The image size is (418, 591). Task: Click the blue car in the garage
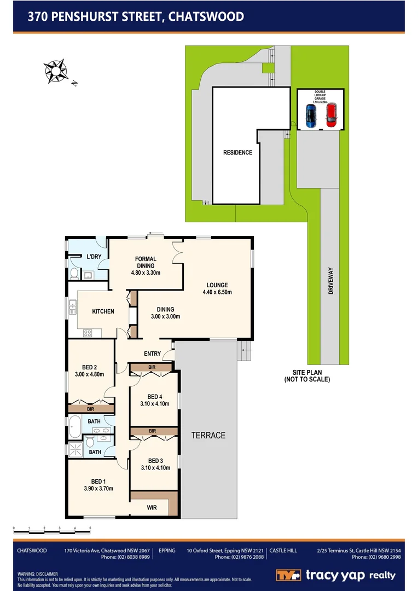click(311, 115)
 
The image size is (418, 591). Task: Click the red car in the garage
click(330, 115)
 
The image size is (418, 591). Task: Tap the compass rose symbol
click(55, 70)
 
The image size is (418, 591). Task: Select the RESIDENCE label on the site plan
click(237, 153)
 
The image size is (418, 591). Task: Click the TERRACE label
click(208, 436)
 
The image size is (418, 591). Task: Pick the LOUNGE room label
click(217, 285)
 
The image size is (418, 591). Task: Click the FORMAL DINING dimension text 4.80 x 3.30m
click(146, 273)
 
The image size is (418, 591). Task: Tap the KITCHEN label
click(103, 311)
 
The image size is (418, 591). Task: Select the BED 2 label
click(90, 367)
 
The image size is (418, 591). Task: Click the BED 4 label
click(155, 397)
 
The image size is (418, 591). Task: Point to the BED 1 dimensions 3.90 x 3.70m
click(98, 489)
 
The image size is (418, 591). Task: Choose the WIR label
click(152, 508)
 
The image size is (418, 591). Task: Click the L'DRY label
click(95, 257)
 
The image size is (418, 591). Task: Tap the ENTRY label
click(152, 354)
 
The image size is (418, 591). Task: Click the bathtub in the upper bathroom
click(76, 425)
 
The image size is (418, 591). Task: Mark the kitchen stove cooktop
click(88, 333)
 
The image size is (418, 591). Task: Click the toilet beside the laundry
click(74, 273)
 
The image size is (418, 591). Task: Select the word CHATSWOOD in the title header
click(206, 16)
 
